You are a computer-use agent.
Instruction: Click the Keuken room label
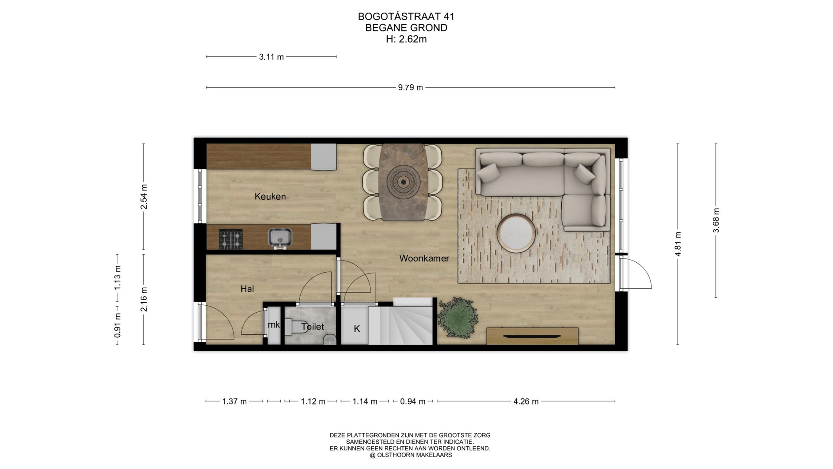(x=270, y=196)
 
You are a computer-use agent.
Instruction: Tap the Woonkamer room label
(x=424, y=258)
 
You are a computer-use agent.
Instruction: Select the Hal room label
(x=247, y=289)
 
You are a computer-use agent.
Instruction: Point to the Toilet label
(x=312, y=327)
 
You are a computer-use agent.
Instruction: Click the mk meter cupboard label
(x=274, y=325)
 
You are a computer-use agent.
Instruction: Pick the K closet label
(x=357, y=329)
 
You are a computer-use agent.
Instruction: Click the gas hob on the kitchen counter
(x=231, y=239)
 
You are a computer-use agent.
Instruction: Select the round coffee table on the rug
(x=516, y=233)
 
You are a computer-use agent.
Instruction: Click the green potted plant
(x=458, y=318)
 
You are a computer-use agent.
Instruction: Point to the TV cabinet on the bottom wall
(x=532, y=336)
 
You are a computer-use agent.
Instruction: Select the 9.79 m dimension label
(x=410, y=88)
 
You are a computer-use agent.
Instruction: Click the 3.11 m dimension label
(x=271, y=57)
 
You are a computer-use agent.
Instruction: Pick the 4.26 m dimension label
(x=526, y=402)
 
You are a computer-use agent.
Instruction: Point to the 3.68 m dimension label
(x=716, y=220)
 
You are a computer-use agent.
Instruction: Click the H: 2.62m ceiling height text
(x=407, y=39)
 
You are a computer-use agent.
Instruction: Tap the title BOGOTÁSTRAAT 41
(x=406, y=17)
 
